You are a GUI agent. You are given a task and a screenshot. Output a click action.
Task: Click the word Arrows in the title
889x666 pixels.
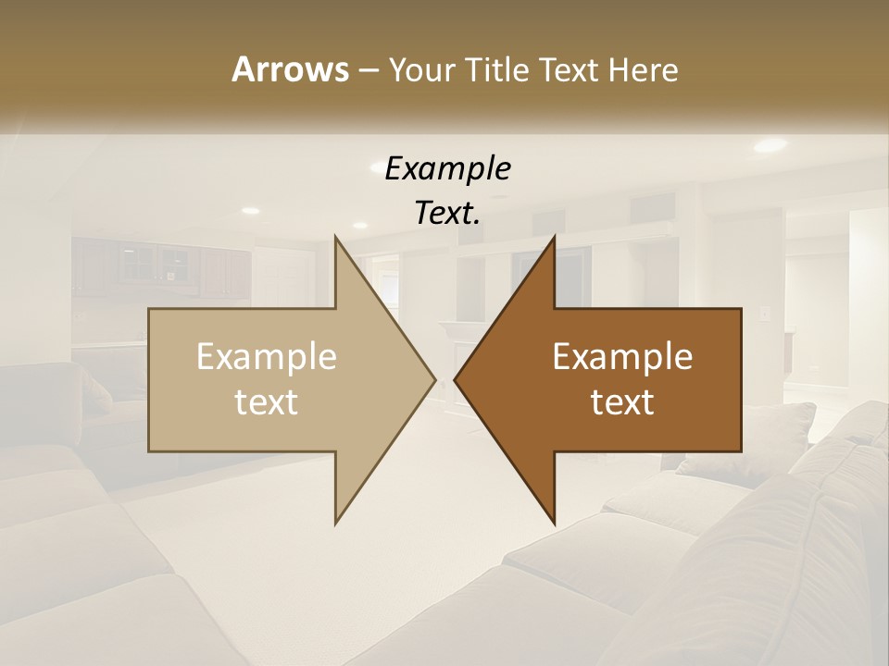pyautogui.click(x=289, y=70)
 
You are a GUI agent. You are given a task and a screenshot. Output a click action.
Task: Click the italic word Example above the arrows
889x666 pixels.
pyautogui.click(x=448, y=169)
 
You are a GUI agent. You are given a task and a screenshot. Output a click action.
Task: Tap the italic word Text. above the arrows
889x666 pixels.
pyautogui.click(x=448, y=214)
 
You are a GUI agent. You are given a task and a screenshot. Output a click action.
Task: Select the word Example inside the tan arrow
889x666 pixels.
pyautogui.click(x=267, y=357)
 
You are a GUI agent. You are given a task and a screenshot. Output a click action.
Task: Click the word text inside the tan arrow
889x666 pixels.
pyautogui.click(x=267, y=402)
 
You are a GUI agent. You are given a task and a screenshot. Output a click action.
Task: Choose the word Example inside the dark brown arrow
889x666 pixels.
pyautogui.click(x=622, y=357)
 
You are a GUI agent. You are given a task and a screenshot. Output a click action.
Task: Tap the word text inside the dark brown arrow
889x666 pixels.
pyautogui.click(x=622, y=402)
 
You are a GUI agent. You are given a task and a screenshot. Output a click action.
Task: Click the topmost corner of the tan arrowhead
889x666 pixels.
pyautogui.click(x=335, y=237)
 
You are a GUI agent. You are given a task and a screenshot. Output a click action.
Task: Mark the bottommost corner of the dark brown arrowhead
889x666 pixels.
pyautogui.click(x=555, y=524)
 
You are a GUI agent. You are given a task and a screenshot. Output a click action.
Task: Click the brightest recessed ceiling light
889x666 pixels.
pyautogui.click(x=770, y=145)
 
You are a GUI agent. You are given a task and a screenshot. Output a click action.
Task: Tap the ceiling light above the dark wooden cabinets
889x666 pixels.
pyautogui.click(x=250, y=211)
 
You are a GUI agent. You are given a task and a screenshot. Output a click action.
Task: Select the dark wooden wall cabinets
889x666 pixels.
pyautogui.click(x=162, y=268)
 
